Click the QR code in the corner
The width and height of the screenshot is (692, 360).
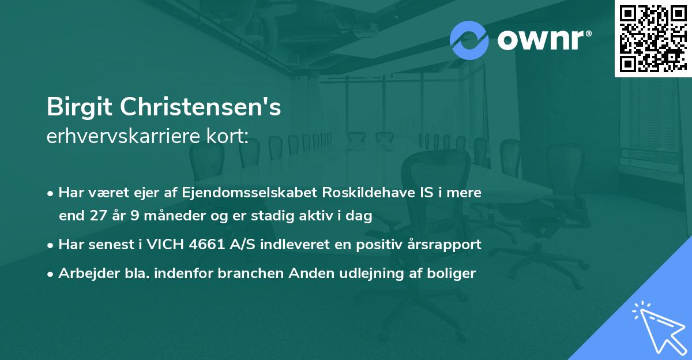653,38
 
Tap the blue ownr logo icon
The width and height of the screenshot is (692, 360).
469,40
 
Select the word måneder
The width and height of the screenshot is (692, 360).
178,216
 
